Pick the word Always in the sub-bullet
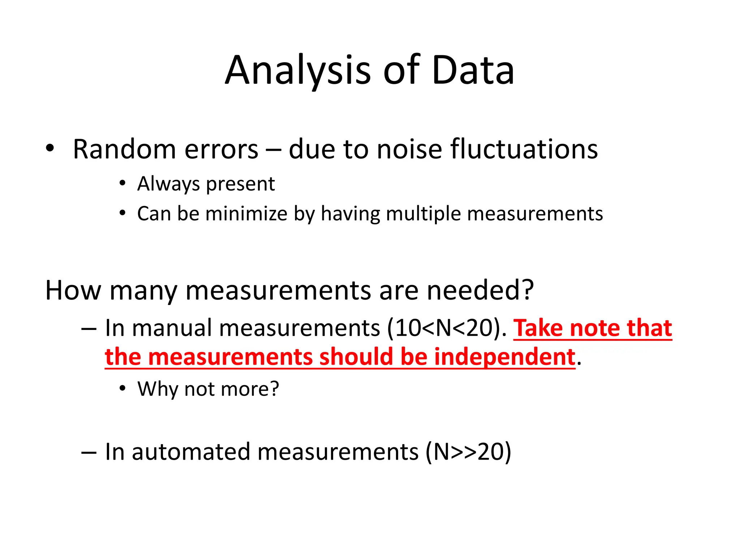pyautogui.click(x=168, y=184)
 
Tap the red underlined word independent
pyautogui.click(x=504, y=357)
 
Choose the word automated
pyautogui.click(x=191, y=452)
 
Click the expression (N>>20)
pyautogui.click(x=468, y=452)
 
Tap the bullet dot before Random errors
pyautogui.click(x=50, y=148)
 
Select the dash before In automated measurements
pyautogui.click(x=89, y=452)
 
